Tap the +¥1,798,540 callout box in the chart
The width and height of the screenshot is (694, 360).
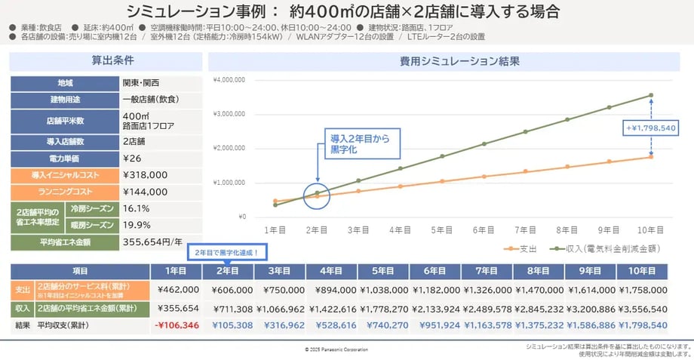[649, 128]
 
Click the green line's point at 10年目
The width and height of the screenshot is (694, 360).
[650, 95]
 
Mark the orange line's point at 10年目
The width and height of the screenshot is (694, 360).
[650, 156]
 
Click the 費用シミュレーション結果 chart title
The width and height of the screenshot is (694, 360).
[449, 61]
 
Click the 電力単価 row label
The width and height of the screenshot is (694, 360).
[64, 158]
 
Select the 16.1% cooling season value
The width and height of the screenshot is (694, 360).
[136, 208]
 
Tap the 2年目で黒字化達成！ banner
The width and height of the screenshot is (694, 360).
[228, 252]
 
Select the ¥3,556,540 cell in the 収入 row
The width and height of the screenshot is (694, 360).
[641, 308]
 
